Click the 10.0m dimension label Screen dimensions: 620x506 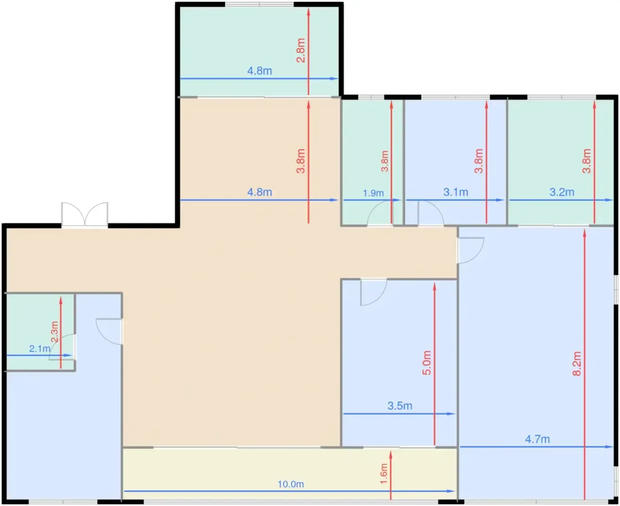pyautogui.click(x=291, y=484)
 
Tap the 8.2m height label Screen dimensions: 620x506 pyautogui.click(x=577, y=364)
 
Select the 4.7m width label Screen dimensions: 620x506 pyautogui.click(x=537, y=439)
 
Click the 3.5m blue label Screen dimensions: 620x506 pyautogui.click(x=400, y=406)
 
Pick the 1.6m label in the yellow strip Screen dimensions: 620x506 pyautogui.click(x=384, y=474)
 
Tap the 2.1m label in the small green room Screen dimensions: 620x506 pyautogui.click(x=39, y=349)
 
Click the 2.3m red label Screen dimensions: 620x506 pyautogui.click(x=54, y=331)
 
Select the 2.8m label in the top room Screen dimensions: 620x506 pyautogui.click(x=301, y=51)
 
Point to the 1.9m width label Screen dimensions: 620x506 pyautogui.click(x=373, y=193)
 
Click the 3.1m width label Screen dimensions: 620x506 pyautogui.click(x=456, y=192)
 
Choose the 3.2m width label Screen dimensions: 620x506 pyautogui.click(x=562, y=192)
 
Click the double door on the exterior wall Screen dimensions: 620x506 pyautogui.click(x=85, y=214)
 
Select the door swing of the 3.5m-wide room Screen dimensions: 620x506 pyautogui.click(x=373, y=292)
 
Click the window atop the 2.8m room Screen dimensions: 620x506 pyautogui.click(x=259, y=4)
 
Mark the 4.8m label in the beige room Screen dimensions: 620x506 pyautogui.click(x=260, y=192)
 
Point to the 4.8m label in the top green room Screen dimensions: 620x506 pyautogui.click(x=260, y=71)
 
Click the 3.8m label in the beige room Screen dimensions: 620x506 pyautogui.click(x=301, y=161)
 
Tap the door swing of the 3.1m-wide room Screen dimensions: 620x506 pyautogui.click(x=430, y=213)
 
